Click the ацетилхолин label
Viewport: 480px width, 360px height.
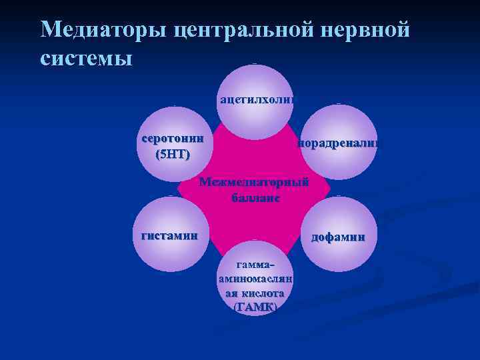(x=256, y=101)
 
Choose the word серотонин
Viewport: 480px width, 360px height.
(x=172, y=141)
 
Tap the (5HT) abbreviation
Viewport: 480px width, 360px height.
(x=172, y=155)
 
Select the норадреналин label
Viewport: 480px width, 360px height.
(x=339, y=143)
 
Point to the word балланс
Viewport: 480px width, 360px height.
(x=256, y=197)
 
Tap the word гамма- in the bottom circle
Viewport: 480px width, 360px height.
(x=256, y=265)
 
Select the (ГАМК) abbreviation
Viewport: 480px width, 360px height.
(x=256, y=307)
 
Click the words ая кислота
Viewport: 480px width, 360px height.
(x=256, y=293)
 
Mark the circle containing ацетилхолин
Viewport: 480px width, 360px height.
(x=256, y=83)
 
